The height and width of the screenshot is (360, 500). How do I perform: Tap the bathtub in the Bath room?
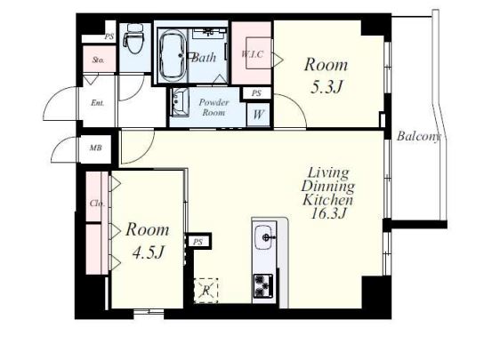click(x=173, y=56)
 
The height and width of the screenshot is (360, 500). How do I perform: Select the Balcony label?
click(x=419, y=136)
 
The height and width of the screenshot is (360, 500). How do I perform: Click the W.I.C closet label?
click(x=252, y=54)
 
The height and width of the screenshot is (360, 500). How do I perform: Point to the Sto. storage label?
click(x=98, y=60)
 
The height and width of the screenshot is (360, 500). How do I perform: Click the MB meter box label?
click(x=95, y=148)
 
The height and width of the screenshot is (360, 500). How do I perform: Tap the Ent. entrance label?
click(x=97, y=103)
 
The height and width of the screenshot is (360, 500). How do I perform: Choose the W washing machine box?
click(x=258, y=114)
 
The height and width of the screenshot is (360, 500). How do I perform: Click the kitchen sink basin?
click(x=264, y=237)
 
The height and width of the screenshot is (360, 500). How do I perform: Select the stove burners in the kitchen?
click(x=263, y=285)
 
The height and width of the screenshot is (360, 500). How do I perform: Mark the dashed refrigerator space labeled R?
click(x=206, y=291)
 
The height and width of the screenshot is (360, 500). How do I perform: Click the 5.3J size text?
click(x=327, y=87)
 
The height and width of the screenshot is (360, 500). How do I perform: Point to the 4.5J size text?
click(x=149, y=252)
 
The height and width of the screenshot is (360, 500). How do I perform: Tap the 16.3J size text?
click(x=328, y=213)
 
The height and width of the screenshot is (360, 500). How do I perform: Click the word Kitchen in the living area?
click(x=327, y=200)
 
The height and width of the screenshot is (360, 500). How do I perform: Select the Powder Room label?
click(x=214, y=107)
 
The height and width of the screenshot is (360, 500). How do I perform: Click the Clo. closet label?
click(x=97, y=204)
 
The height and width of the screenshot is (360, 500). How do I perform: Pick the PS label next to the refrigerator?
click(x=198, y=242)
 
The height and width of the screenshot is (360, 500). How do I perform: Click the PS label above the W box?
click(x=256, y=93)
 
